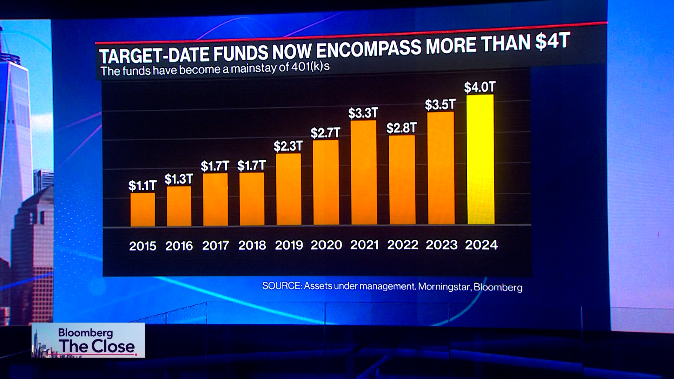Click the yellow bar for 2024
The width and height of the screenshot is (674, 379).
[481, 160]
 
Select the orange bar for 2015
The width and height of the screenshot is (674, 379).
[143, 210]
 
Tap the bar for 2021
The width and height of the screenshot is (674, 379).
[364, 173]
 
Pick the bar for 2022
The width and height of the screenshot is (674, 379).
[402, 180]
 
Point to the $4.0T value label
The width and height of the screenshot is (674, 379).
[480, 87]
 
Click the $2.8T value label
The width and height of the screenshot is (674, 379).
[402, 128]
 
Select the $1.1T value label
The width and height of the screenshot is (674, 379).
[142, 185]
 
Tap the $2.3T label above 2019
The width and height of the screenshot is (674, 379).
[288, 146]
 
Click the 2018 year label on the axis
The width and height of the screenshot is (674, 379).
[252, 245]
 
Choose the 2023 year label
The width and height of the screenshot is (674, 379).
[442, 245]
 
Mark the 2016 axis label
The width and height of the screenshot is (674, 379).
[179, 246]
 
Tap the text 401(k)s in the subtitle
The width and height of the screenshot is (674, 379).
[310, 66]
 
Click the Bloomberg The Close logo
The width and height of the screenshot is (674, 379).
[88, 340]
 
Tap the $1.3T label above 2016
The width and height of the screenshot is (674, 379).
[179, 179]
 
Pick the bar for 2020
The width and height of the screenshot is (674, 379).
[326, 182]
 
